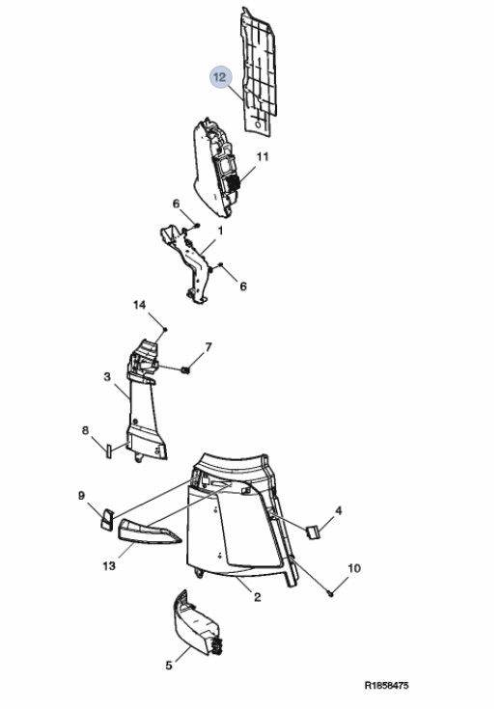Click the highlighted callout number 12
(x=220, y=77)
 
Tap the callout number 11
(x=263, y=156)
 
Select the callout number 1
(x=220, y=231)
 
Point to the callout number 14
(x=140, y=305)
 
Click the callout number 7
(x=209, y=347)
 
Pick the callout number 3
(x=107, y=376)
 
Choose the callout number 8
(x=85, y=430)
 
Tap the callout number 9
(x=81, y=496)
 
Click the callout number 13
(x=109, y=565)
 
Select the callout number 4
(x=338, y=511)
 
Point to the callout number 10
(x=354, y=568)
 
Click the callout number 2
(x=258, y=597)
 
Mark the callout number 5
(x=169, y=666)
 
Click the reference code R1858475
(x=386, y=686)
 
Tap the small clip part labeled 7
(x=185, y=370)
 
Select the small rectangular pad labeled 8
(x=109, y=451)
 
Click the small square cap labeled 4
(x=313, y=532)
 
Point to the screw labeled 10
(x=330, y=593)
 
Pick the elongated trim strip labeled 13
(x=150, y=532)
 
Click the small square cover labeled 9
(x=106, y=519)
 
